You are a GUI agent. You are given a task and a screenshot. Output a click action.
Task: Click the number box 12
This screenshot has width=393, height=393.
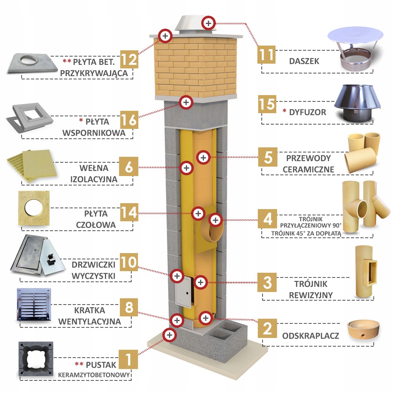pyautogui.click(x=129, y=60)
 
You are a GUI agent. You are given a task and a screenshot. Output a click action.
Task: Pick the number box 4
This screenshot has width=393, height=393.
pyautogui.click(x=267, y=219)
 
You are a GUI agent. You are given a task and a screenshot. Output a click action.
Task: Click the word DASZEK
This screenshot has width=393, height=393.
pyautogui.click(x=304, y=62)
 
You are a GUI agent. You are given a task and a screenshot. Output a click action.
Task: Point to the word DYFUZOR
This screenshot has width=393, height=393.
pyautogui.click(x=308, y=112)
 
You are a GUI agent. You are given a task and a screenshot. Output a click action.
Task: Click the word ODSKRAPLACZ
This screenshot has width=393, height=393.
pyautogui.click(x=310, y=336)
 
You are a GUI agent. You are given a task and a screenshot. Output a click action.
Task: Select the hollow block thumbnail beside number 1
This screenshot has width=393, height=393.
pyautogui.click(x=35, y=359)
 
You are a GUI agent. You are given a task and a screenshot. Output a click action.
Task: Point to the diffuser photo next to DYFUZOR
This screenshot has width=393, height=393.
pyautogui.click(x=357, y=103)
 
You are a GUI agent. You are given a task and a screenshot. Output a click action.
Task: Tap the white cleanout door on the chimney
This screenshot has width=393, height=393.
pyautogui.click(x=182, y=292)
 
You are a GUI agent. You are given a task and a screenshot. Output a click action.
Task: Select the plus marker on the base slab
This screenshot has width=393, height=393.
pyautogui.click(x=169, y=335)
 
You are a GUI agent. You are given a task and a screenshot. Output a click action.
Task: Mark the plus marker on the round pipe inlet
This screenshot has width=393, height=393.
pyautogui.click(x=215, y=220)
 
